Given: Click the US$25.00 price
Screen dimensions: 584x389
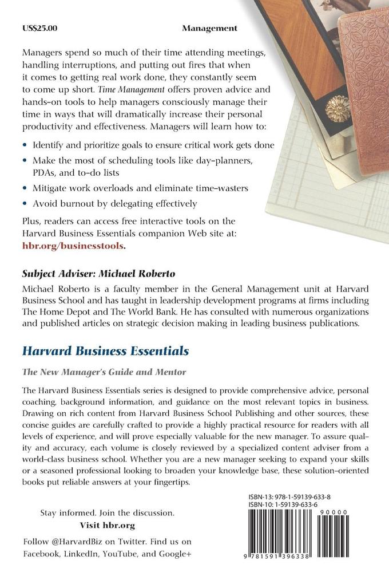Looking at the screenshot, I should tap(38, 27).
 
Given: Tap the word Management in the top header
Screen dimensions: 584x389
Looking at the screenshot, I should tap(210, 27).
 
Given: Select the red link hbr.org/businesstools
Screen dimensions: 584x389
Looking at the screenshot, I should tap(72, 245).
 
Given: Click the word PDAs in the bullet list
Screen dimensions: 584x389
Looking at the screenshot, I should tap(45, 171).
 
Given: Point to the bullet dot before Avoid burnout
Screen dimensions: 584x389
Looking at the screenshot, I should tap(25, 203).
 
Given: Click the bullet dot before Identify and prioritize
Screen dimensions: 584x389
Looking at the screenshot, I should tap(25, 145).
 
